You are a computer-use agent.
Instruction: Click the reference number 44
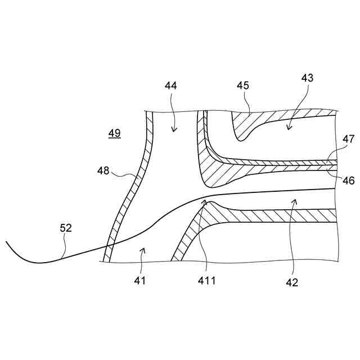[171, 86]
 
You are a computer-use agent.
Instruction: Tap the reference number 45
[242, 86]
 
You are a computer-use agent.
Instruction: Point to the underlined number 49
[114, 133]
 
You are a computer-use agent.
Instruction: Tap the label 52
[66, 228]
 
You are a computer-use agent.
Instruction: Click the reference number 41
[139, 280]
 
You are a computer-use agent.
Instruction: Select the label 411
[206, 280]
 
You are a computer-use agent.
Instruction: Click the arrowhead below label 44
[173, 130]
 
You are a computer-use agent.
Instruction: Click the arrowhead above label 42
[294, 201]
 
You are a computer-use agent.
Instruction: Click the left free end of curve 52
[6, 242]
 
